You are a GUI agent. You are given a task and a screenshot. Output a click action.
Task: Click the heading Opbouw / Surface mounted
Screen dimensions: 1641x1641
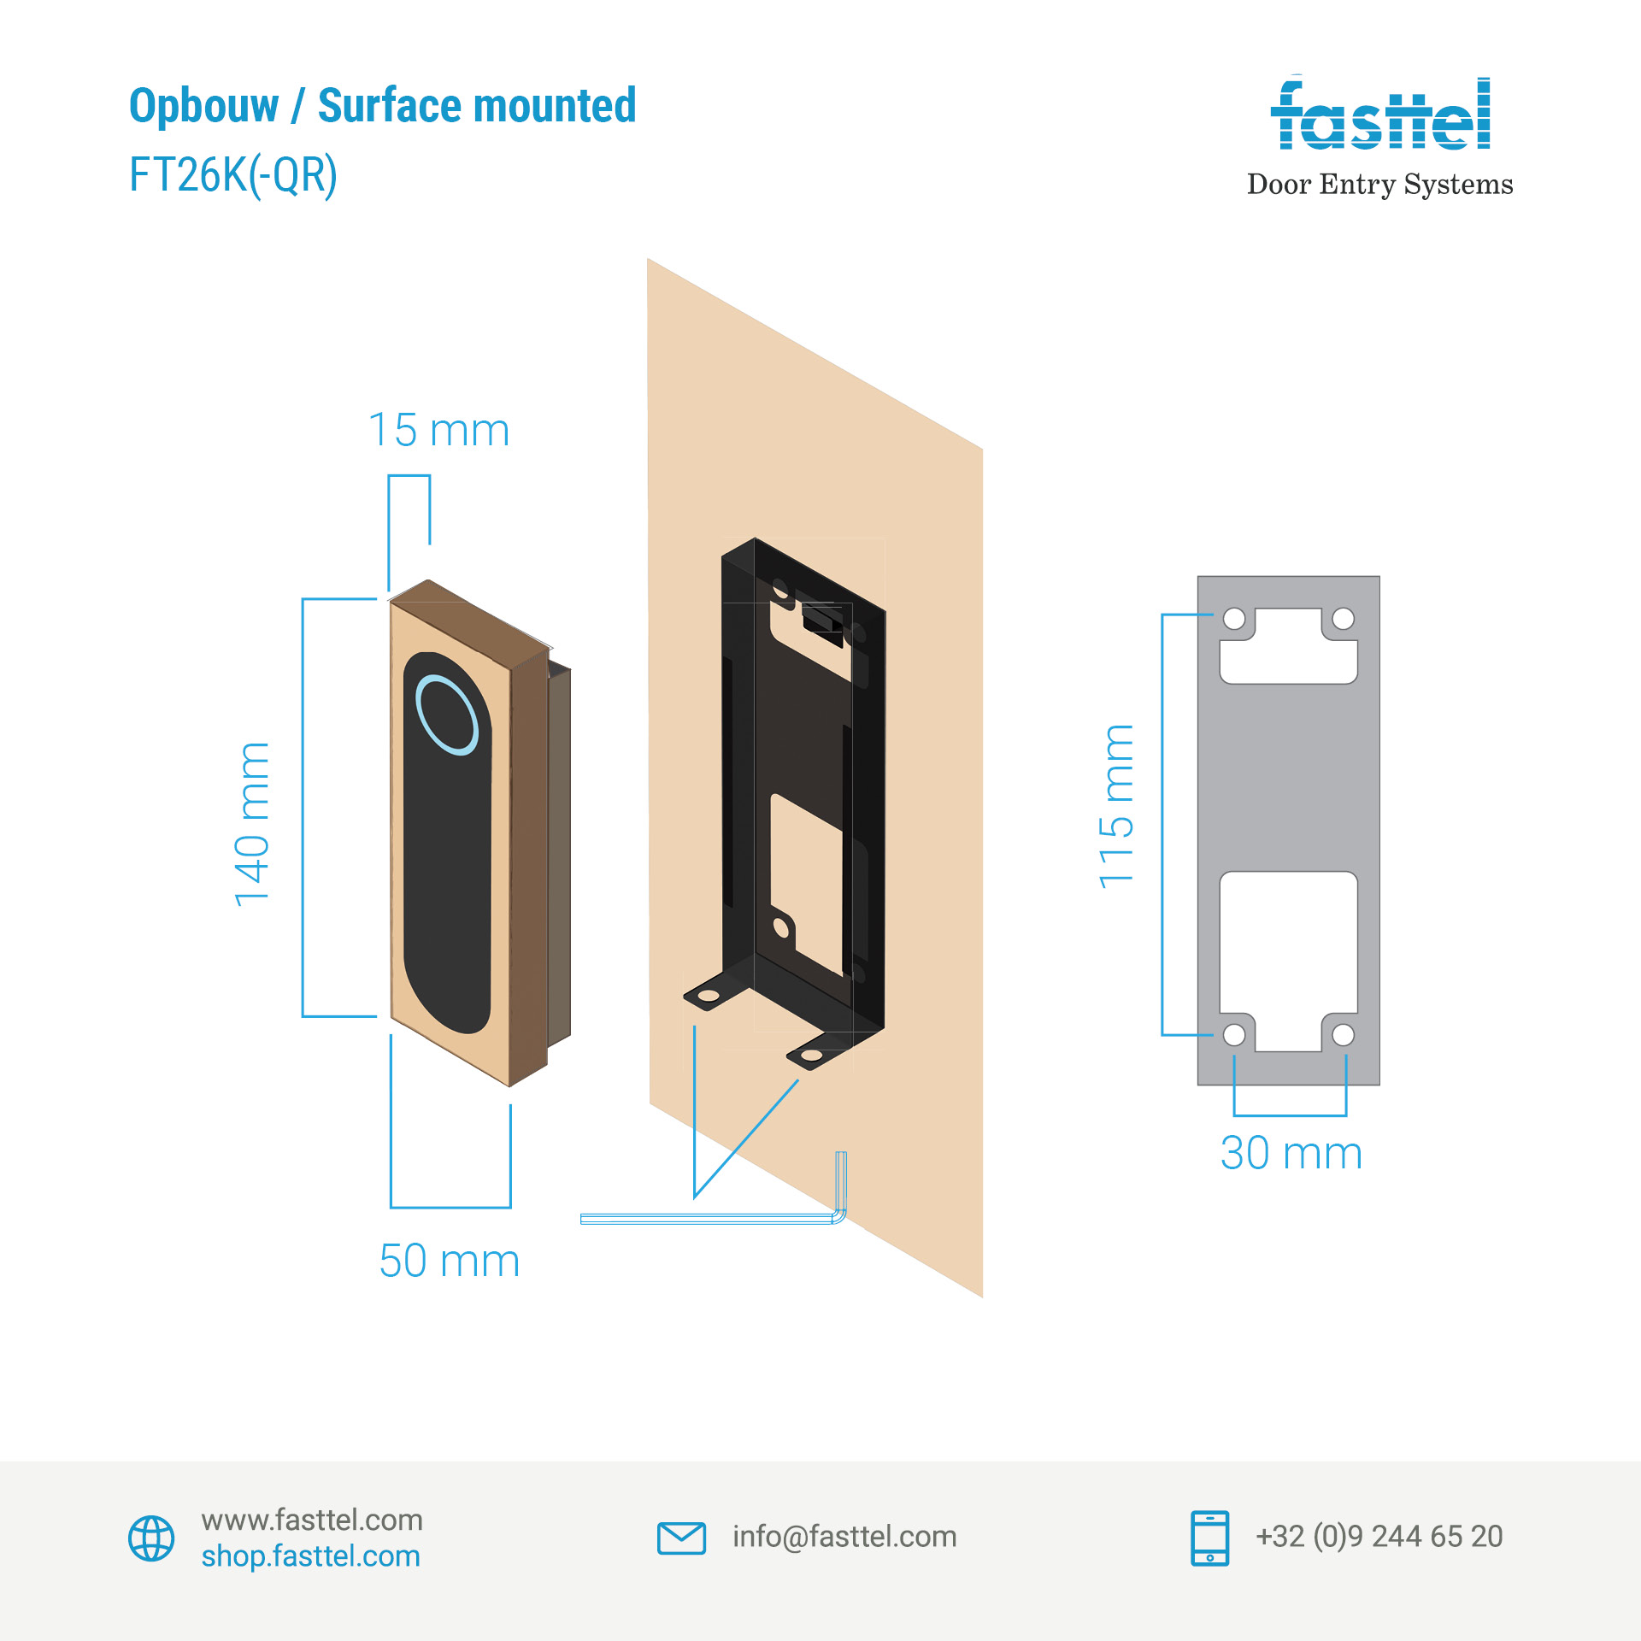[x=382, y=106]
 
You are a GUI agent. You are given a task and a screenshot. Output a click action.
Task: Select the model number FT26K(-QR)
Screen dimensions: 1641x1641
[x=232, y=175]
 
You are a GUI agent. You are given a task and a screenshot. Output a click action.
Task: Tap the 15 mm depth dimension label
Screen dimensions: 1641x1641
[x=438, y=430]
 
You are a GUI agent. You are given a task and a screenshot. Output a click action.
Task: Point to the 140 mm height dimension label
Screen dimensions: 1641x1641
[x=253, y=824]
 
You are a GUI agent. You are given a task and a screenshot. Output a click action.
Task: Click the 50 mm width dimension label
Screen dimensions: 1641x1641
[x=449, y=1262]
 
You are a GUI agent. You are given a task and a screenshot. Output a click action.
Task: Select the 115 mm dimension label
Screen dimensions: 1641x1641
[x=1116, y=807]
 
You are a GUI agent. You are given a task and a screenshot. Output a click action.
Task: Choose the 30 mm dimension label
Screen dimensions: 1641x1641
[x=1291, y=1153]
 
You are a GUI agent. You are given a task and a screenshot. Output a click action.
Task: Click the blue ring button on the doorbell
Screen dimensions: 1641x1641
[x=446, y=715]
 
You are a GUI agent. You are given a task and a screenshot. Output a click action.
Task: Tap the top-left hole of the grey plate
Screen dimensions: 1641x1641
[x=1234, y=619]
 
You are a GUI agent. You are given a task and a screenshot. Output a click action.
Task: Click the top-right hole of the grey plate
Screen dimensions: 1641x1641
[x=1343, y=619]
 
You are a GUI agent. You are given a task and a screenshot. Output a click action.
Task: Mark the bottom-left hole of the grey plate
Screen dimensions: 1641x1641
[x=1234, y=1035]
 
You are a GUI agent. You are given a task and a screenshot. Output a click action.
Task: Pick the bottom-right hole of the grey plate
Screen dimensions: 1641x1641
[x=1343, y=1035]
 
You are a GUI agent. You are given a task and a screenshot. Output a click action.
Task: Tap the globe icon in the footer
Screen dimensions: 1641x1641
[x=151, y=1538]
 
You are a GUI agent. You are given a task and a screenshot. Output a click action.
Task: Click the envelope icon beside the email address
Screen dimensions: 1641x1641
[x=681, y=1538]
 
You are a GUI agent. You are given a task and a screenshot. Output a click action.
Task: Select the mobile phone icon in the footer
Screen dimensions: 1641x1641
[x=1209, y=1538]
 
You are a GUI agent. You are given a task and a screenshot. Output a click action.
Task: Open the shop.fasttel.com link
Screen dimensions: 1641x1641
[x=311, y=1556]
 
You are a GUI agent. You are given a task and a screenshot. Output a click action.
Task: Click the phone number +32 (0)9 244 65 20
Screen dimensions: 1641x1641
[x=1379, y=1537]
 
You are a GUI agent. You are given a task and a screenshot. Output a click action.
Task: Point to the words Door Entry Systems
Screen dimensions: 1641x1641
[x=1379, y=185]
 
